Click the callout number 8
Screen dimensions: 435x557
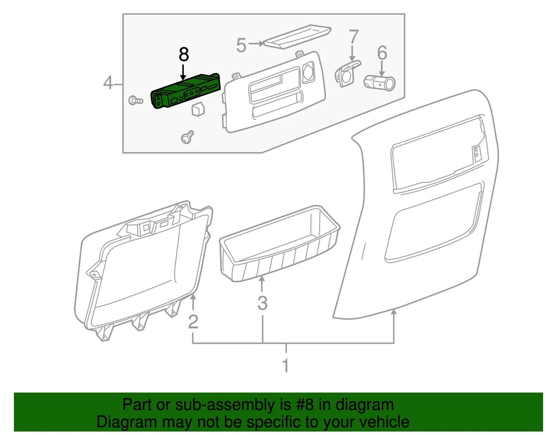(184, 55)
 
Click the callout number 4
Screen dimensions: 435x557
(109, 84)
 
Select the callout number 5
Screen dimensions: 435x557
(241, 45)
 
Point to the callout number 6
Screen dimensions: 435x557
(382, 53)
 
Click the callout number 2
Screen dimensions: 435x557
(193, 321)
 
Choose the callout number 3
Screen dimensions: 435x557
(262, 304)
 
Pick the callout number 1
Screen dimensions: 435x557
(286, 366)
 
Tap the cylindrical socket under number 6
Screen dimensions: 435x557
(379, 83)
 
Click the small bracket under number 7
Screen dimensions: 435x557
(346, 73)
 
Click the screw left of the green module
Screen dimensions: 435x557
(134, 100)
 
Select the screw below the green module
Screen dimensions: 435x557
(188, 136)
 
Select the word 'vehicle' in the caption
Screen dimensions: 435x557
(384, 421)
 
